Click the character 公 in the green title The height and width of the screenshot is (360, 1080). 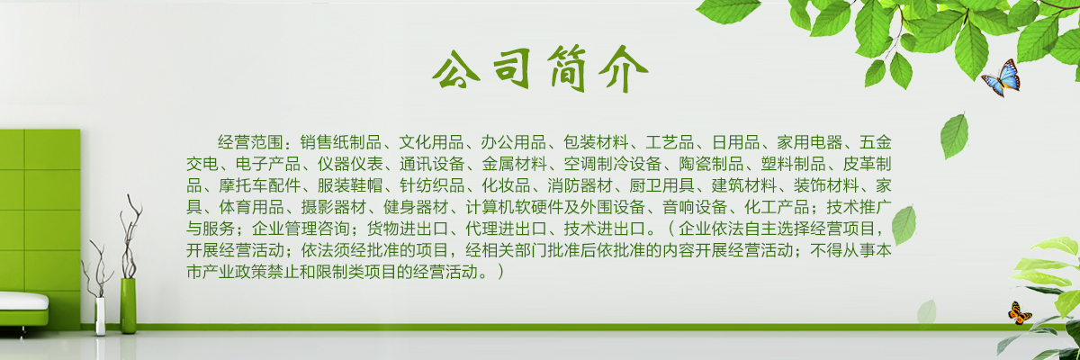pyautogui.click(x=455, y=68)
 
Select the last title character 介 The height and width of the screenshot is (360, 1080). pyautogui.click(x=624, y=68)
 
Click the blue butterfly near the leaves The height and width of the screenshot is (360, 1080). pyautogui.click(x=1002, y=77)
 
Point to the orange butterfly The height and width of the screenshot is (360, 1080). pyautogui.click(x=1019, y=313)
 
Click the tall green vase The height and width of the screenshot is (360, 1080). pyautogui.click(x=128, y=305)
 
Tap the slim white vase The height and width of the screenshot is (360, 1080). pyautogui.click(x=100, y=316)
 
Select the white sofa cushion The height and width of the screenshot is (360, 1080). pyautogui.click(x=23, y=301)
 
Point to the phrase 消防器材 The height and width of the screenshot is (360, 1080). pyautogui.click(x=580, y=185)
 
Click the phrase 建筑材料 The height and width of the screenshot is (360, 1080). pyautogui.click(x=744, y=185)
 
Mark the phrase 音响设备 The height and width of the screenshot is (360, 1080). pyautogui.click(x=695, y=207)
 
